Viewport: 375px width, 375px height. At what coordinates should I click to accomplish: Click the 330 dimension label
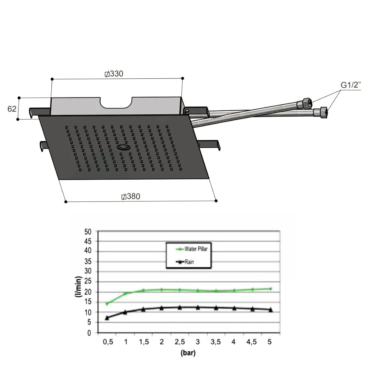click(x=114, y=73)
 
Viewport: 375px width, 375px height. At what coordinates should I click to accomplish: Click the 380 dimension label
click(x=130, y=196)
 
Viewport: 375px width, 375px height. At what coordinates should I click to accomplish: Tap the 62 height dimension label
click(x=12, y=109)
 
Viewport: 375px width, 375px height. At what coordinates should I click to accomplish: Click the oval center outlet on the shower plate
click(x=124, y=147)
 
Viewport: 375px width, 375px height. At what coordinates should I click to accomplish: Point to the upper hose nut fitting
click(x=305, y=103)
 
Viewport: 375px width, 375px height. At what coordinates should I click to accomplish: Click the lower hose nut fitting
click(x=321, y=112)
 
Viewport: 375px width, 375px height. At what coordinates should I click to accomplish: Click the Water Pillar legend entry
click(x=192, y=249)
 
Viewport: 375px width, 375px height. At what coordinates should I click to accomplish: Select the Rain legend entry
click(x=185, y=262)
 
